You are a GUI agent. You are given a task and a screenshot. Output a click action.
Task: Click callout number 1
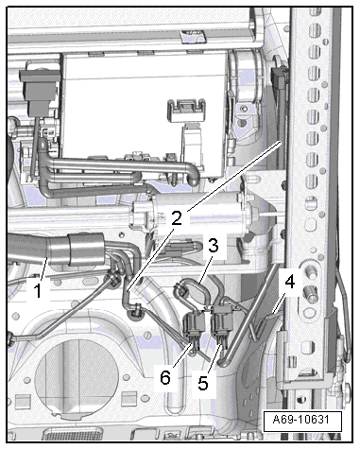(x=38, y=290)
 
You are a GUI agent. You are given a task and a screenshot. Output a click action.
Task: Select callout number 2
(x=177, y=218)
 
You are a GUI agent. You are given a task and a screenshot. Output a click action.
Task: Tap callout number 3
(x=213, y=245)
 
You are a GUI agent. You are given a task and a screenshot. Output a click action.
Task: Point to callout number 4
(x=289, y=282)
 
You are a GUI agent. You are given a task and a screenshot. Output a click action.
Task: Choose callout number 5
(x=203, y=383)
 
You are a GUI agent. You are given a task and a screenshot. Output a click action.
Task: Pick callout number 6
(x=165, y=377)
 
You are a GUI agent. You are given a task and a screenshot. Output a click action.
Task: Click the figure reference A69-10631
(x=301, y=420)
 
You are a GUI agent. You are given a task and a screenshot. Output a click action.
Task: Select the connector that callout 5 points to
(x=222, y=322)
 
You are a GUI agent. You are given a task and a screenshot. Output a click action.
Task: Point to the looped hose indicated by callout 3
(x=193, y=291)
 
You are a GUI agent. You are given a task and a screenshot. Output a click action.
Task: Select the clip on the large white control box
(x=186, y=112)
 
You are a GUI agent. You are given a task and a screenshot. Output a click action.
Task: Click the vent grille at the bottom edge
(x=73, y=434)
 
